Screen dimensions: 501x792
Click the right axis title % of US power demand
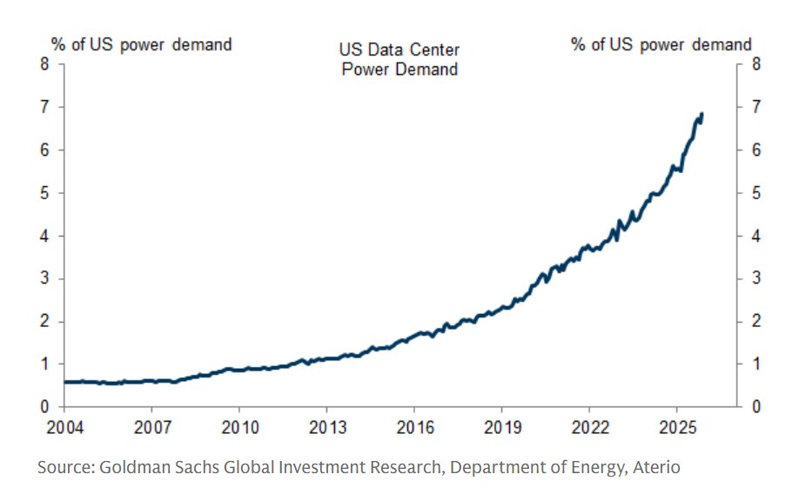point(661,43)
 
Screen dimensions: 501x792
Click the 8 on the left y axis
point(44,64)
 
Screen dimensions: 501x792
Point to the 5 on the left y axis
point(44,193)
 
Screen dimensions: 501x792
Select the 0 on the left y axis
point(44,407)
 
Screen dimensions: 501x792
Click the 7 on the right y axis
point(758,107)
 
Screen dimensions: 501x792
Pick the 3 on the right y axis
point(758,278)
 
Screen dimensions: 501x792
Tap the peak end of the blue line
point(701,114)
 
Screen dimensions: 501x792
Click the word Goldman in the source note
point(129,468)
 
